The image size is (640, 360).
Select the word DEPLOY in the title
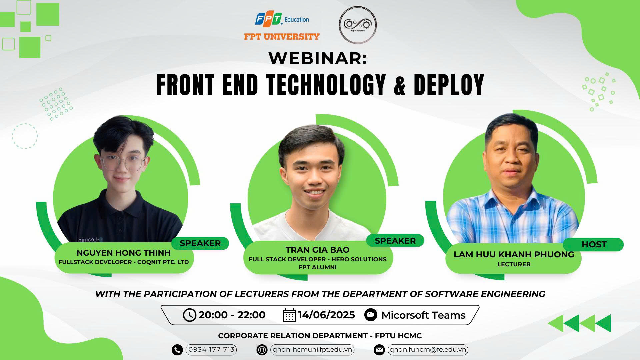click(x=449, y=85)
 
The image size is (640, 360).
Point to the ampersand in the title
click(x=400, y=85)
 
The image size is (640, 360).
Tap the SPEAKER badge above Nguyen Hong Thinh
click(x=200, y=243)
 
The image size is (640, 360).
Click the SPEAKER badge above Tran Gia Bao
click(x=395, y=241)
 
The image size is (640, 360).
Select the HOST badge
click(x=594, y=245)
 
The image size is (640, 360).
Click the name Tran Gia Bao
click(x=317, y=250)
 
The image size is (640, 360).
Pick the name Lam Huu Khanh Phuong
click(x=514, y=254)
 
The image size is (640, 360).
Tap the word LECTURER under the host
click(x=514, y=264)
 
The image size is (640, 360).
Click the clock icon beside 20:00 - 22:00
click(x=189, y=315)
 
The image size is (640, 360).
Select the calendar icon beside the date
click(x=289, y=315)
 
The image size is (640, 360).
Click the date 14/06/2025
click(x=326, y=315)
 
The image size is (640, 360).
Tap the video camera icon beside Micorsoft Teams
click(x=371, y=315)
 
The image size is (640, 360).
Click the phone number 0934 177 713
click(x=211, y=350)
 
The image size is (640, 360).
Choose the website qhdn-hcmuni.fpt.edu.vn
click(x=312, y=350)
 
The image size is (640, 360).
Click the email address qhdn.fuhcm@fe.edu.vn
click(x=428, y=350)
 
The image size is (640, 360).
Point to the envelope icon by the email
click(x=379, y=350)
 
